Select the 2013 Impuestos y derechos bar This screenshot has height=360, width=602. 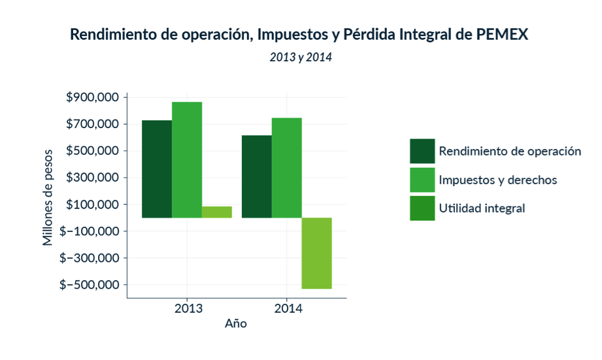tap(187, 159)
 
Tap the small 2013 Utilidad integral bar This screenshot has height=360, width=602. tap(217, 212)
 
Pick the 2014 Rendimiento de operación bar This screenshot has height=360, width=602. tap(257, 176)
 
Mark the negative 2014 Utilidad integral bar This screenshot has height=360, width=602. tap(317, 253)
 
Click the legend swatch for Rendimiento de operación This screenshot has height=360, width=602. tap(422, 151)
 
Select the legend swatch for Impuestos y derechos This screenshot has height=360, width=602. tap(422, 180)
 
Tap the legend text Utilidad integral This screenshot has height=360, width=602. tap(482, 208)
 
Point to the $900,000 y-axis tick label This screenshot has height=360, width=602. tap(93, 97)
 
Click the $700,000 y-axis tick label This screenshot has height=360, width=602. tap(93, 124)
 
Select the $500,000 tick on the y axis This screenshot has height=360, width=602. tap(93, 151)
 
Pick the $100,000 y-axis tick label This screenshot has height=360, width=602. tap(93, 205)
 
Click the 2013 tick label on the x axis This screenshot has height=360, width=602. tap(188, 308)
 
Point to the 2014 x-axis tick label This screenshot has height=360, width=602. tap(287, 308)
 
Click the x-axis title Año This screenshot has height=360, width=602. tap(236, 323)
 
